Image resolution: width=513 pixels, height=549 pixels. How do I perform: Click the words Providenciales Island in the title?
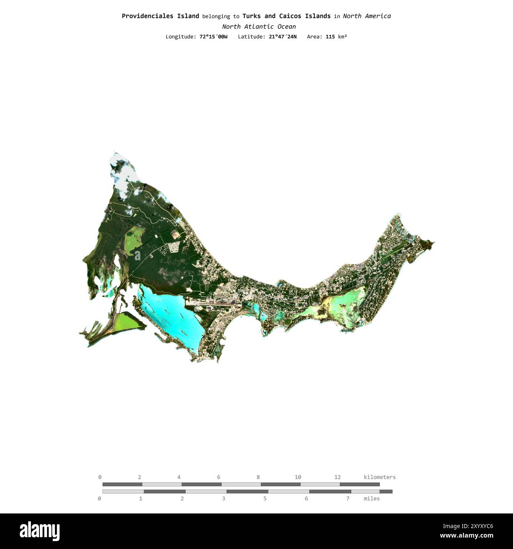(160, 16)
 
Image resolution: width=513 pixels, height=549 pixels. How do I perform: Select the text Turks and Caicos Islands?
(286, 16)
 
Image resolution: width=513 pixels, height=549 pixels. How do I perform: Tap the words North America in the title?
(367, 16)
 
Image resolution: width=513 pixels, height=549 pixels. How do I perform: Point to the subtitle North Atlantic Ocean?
(258, 26)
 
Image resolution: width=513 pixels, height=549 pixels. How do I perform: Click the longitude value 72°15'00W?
(213, 37)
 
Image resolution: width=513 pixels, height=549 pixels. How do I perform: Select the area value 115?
(330, 37)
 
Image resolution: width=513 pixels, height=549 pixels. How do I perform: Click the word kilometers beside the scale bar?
(379, 477)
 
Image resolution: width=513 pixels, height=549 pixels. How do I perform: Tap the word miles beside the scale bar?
(371, 498)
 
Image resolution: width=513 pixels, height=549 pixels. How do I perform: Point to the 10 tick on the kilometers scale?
(298, 477)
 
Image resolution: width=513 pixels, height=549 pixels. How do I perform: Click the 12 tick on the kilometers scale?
(337, 477)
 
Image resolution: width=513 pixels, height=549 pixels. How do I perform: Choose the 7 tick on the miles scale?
(348, 498)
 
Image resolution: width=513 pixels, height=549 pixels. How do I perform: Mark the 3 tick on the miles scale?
(223, 498)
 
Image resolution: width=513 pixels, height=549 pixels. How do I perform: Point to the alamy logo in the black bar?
(39, 531)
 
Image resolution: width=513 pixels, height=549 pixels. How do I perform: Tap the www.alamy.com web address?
(466, 536)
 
